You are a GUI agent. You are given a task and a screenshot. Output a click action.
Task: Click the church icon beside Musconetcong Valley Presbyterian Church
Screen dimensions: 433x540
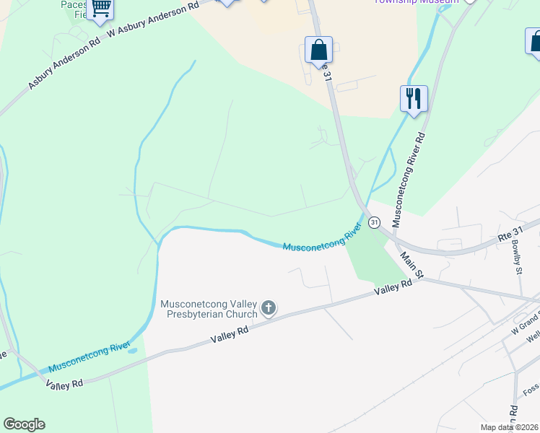[269, 309]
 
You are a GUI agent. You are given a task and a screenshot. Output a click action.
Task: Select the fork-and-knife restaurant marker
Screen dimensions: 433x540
[414, 98]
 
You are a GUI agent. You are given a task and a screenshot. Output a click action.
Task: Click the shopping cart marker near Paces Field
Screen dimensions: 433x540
[100, 9]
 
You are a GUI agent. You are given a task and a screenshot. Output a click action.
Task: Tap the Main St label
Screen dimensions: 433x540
[412, 263]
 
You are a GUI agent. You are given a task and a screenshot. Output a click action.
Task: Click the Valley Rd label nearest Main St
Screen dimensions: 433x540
[393, 288]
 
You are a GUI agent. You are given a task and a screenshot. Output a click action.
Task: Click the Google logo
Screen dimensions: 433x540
[24, 424]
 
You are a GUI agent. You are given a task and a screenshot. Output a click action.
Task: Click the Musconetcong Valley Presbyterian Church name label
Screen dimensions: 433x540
[208, 309]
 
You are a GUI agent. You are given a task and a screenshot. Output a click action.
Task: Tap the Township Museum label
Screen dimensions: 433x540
[417, 2]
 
